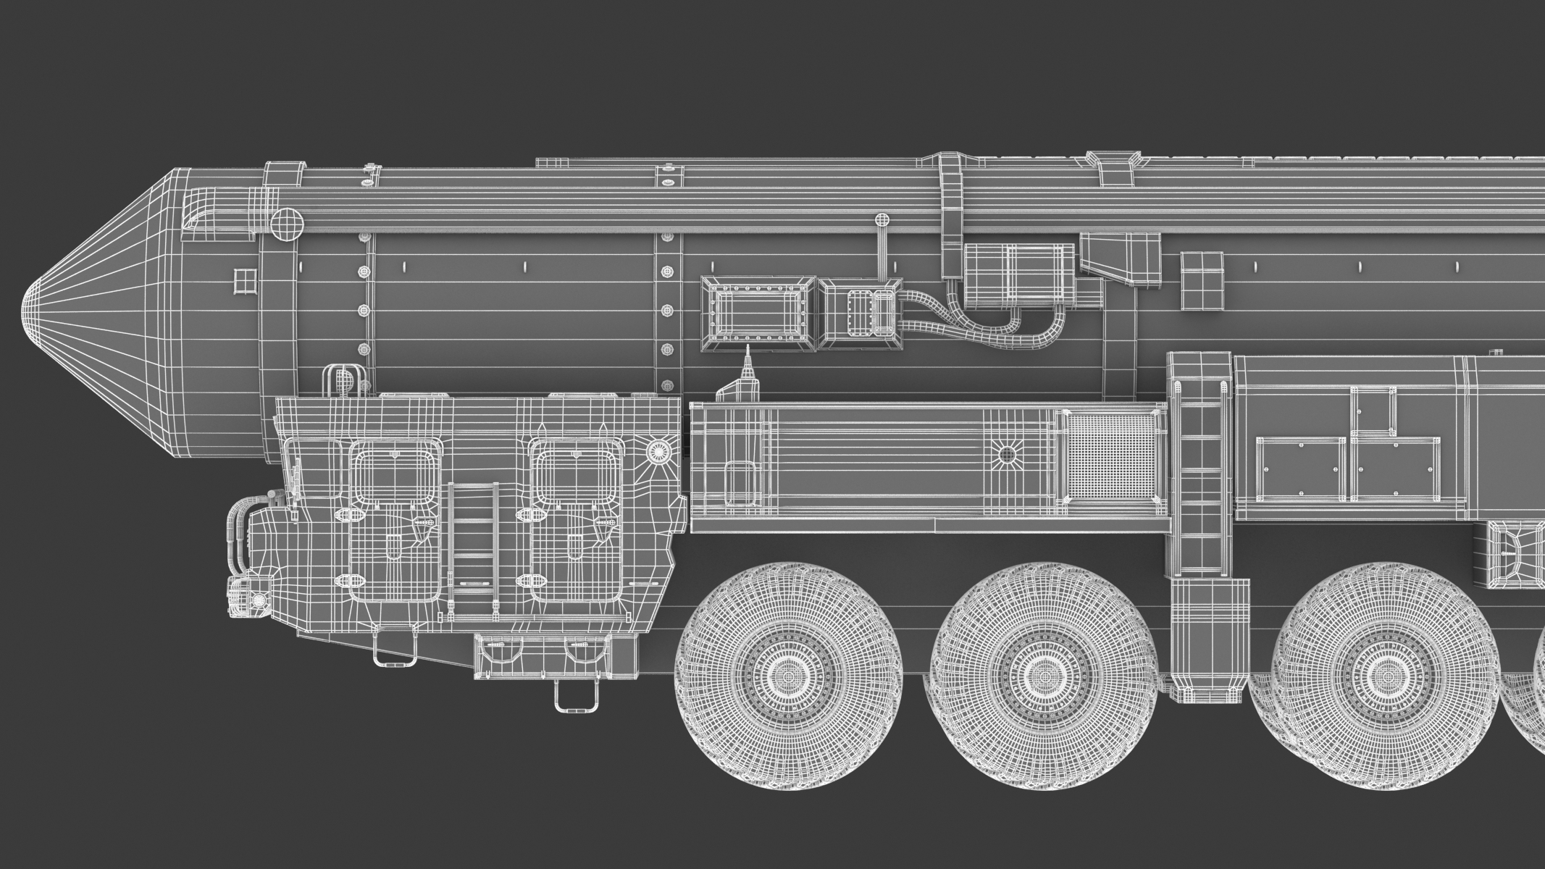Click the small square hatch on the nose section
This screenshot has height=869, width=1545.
[245, 280]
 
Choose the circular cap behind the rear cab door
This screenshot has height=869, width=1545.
[658, 450]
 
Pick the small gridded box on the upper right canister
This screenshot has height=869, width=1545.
[1201, 281]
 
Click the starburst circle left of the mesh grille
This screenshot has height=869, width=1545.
[1007, 455]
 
